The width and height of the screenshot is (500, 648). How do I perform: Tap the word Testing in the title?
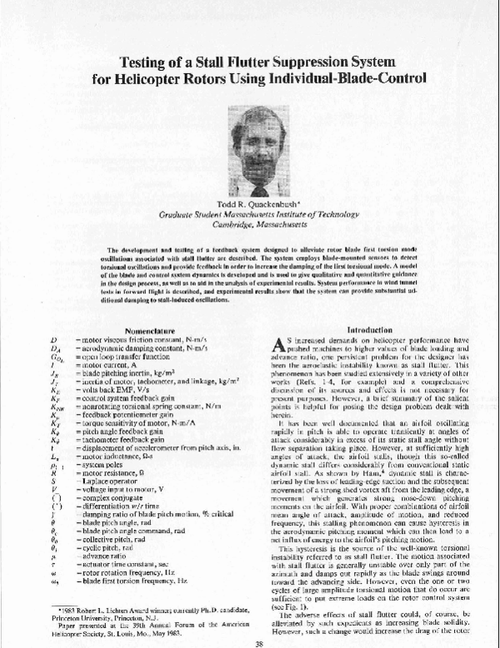[143, 61]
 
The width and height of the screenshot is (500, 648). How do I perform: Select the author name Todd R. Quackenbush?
[249, 205]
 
